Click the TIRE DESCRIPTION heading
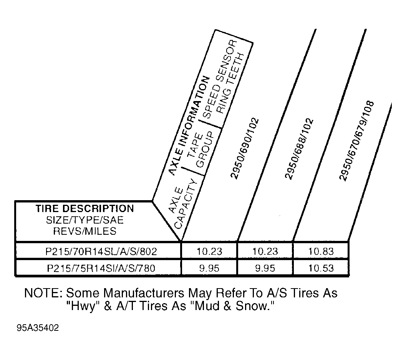[85, 209]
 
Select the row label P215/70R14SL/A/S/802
[101, 252]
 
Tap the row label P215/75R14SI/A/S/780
[101, 268]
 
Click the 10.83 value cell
[321, 252]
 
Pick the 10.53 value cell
[321, 268]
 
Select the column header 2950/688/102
[299, 149]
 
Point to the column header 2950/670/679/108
[356, 141]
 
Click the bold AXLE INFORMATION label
[189, 126]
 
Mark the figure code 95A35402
[38, 328]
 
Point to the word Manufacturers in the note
[144, 293]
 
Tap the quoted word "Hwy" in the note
[83, 306]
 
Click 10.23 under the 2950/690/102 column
[209, 252]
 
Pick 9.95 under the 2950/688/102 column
[265, 268]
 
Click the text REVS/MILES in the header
[85, 231]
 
